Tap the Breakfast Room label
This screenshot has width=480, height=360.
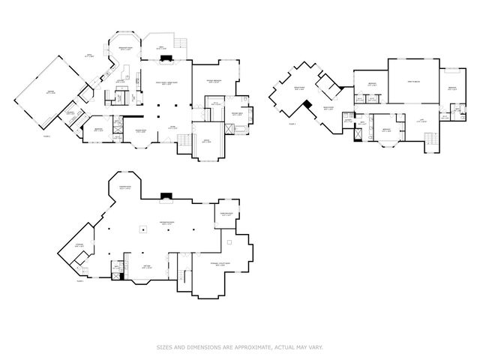coord(128,49)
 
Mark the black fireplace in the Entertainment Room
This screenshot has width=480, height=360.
coord(166,199)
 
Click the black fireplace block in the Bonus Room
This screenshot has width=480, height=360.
coord(307,103)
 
